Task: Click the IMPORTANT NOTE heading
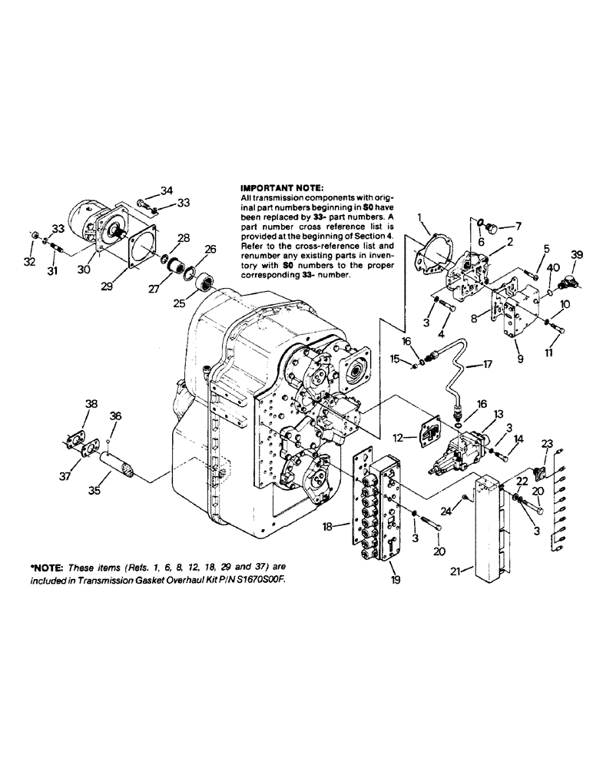point(279,187)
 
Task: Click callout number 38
point(91,403)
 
